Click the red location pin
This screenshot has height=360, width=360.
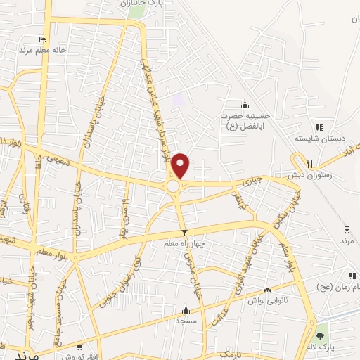181,165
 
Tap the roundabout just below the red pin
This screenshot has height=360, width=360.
173,186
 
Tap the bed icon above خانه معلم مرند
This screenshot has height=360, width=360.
42,40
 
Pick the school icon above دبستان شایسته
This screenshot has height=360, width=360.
319,127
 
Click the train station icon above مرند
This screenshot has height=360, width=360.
346,229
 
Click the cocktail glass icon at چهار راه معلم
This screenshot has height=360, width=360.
185,233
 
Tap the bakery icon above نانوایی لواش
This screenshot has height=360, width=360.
267,290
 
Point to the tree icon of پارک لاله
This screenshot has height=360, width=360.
322,337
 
